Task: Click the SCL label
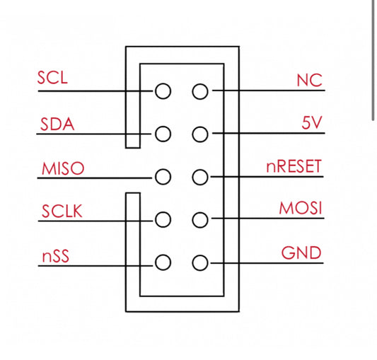(x=53, y=77)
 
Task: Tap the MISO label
(x=63, y=168)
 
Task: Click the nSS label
(x=54, y=255)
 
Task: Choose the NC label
(x=309, y=80)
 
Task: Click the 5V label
(x=311, y=122)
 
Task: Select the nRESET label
(x=294, y=167)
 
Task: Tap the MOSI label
(x=301, y=209)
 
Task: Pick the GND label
(x=302, y=252)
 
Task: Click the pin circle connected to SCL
(x=163, y=91)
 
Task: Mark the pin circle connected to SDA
(x=163, y=134)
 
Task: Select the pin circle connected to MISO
(x=163, y=177)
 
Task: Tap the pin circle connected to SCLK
(x=163, y=220)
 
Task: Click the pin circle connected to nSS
(x=163, y=263)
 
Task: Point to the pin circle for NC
(x=200, y=91)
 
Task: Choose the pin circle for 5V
(x=200, y=134)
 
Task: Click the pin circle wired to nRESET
(x=200, y=177)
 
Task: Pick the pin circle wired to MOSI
(x=200, y=220)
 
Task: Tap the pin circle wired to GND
(x=200, y=263)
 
